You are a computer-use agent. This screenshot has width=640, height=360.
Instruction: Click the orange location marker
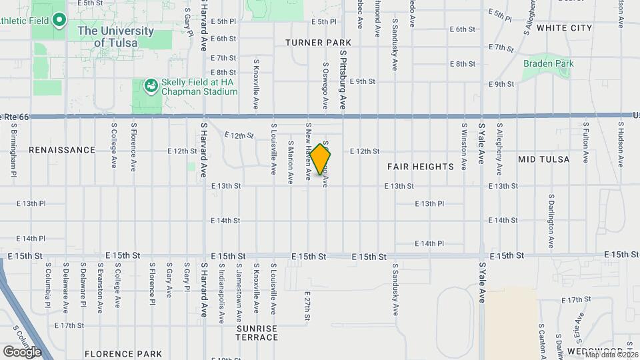tap(321, 159)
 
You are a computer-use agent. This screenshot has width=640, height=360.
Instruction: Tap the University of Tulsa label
tap(115, 37)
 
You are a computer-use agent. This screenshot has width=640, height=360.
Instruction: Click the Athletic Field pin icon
tap(59, 19)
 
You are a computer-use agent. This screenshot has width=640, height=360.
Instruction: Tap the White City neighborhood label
tap(564, 28)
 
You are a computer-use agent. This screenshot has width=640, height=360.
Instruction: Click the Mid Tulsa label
tap(544, 159)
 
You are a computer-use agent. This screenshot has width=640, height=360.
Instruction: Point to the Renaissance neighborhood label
tap(62, 150)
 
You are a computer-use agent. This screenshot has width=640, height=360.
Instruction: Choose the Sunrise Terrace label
tap(257, 333)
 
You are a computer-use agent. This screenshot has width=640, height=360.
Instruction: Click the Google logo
tap(22, 351)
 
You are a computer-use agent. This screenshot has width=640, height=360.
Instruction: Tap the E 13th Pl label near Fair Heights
tap(429, 203)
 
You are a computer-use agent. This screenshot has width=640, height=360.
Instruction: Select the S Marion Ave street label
tap(291, 161)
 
